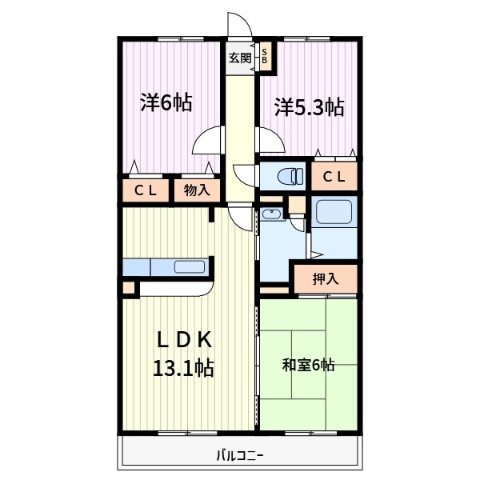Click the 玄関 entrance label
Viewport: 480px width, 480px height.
240,58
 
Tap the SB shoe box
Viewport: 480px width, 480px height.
265,56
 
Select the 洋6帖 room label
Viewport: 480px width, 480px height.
166,103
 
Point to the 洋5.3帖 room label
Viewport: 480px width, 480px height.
309,107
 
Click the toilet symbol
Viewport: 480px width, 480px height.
290,176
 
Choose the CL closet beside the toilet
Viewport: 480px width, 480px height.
334,176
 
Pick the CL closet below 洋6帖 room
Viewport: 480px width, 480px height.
146,190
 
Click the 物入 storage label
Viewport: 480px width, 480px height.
197,190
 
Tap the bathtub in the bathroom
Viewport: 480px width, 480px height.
334,211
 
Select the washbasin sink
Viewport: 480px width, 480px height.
271,214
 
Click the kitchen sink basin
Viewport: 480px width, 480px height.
190,266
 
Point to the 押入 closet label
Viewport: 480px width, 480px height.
326,278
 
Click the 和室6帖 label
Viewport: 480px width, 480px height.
308,365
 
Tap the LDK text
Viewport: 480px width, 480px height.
184,340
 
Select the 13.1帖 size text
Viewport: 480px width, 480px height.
183,368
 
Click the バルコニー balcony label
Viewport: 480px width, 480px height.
240,456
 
